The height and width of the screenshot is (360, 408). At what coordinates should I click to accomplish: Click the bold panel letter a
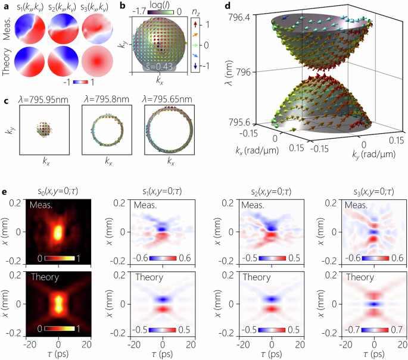click(x=5, y=5)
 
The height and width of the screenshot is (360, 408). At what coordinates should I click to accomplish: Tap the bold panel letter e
click(x=5, y=193)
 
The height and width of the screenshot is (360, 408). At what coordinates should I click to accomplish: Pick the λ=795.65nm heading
click(x=170, y=95)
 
